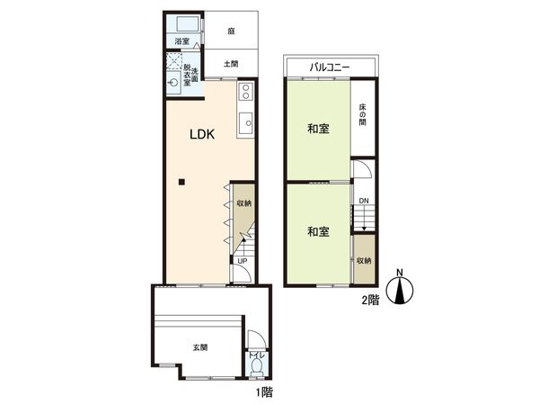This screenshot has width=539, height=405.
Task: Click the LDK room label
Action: click(x=201, y=136)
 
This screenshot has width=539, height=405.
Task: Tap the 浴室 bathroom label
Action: click(x=181, y=41)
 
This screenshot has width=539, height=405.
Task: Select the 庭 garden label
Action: click(x=231, y=30)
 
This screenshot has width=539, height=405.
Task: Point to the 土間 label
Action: click(x=231, y=64)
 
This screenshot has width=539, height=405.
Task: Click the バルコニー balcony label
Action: click(x=329, y=67)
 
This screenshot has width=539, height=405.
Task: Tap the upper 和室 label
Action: click(x=316, y=129)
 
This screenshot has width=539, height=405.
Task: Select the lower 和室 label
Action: click(x=316, y=232)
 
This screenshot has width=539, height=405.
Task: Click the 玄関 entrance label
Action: click(x=199, y=346)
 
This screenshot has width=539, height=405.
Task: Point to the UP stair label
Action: click(x=243, y=263)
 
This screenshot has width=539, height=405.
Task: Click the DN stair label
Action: click(x=363, y=201)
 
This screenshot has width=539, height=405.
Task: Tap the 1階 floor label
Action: click(x=262, y=391)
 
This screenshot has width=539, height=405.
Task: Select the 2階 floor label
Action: click(x=369, y=301)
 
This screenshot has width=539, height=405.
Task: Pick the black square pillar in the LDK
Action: click(x=181, y=184)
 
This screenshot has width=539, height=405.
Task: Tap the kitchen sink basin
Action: click(x=245, y=124)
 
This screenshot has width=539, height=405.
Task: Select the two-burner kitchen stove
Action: click(x=245, y=92)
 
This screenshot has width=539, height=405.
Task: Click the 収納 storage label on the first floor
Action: click(x=243, y=203)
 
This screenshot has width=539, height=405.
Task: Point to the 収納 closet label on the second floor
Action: click(x=362, y=261)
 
